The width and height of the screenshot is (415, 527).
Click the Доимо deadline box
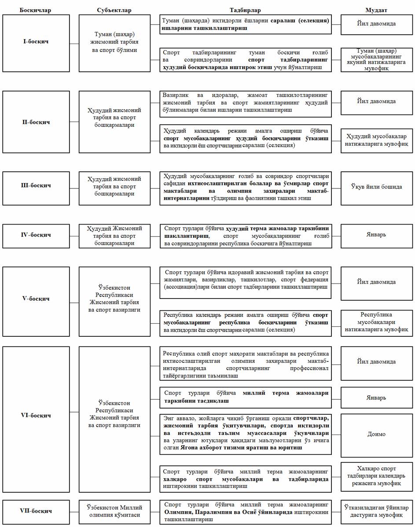(376, 434)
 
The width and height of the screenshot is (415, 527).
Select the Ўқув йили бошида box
(376, 187)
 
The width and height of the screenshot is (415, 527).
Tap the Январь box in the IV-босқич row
(376, 234)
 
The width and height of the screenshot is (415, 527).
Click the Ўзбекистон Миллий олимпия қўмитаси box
(114, 511)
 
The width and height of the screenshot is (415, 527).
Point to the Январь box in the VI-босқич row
(376, 397)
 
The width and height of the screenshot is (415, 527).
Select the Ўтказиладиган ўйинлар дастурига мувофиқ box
(376, 511)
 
